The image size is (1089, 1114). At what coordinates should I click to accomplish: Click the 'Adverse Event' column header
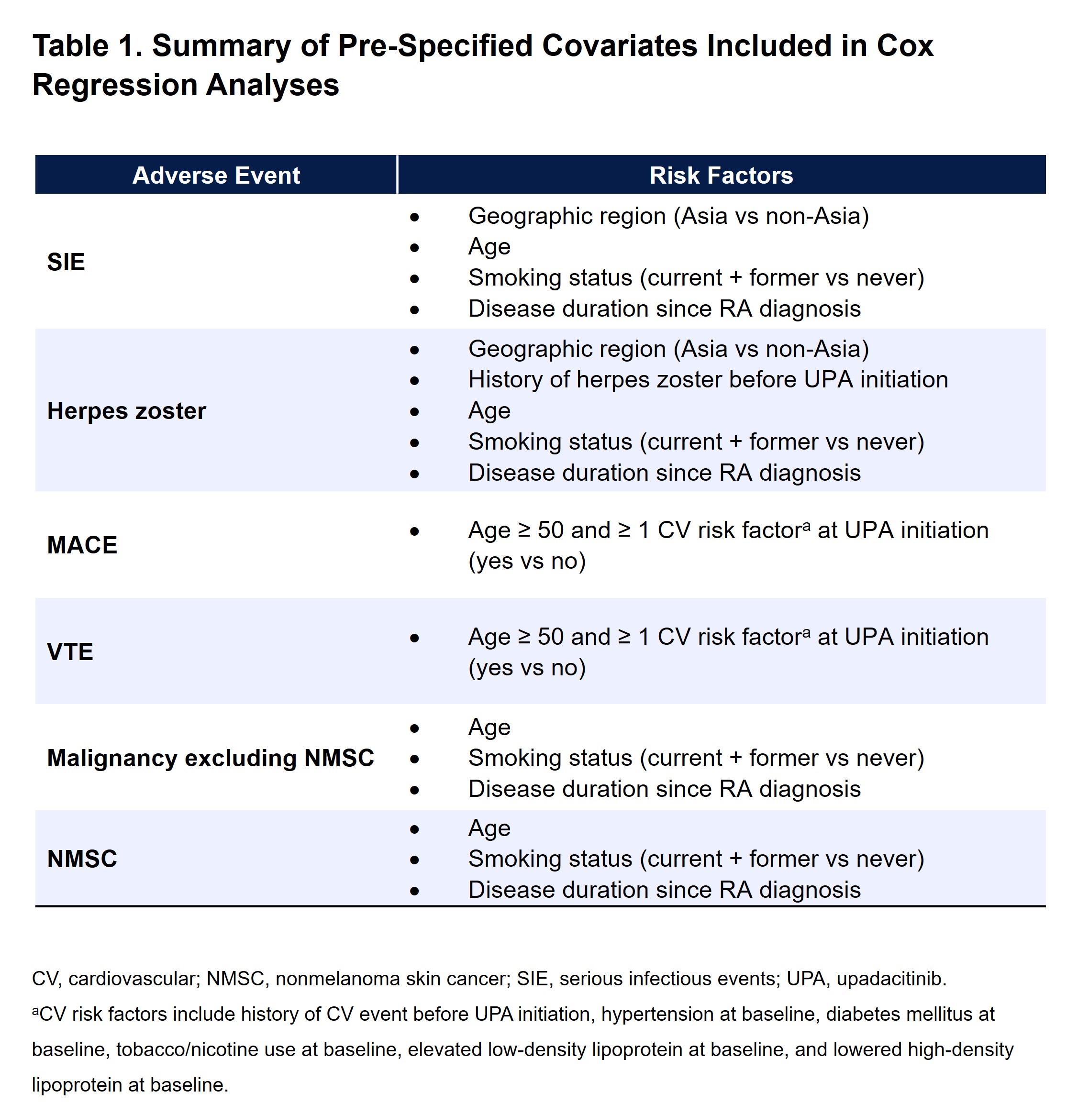216,175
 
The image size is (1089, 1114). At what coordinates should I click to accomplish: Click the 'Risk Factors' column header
721,175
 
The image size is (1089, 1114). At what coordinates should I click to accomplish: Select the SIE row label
66,262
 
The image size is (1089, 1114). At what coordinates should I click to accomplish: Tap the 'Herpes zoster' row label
126,410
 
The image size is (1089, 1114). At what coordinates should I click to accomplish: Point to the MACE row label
82,544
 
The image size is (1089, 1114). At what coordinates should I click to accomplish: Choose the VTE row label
70,651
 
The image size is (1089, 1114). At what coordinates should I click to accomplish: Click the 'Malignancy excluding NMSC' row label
210,758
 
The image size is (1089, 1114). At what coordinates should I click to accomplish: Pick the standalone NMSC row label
82,859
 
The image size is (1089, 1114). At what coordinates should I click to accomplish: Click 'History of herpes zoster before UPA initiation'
708,380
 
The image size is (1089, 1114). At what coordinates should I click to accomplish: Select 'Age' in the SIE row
489,246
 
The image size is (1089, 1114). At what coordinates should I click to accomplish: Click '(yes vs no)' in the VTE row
527,667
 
